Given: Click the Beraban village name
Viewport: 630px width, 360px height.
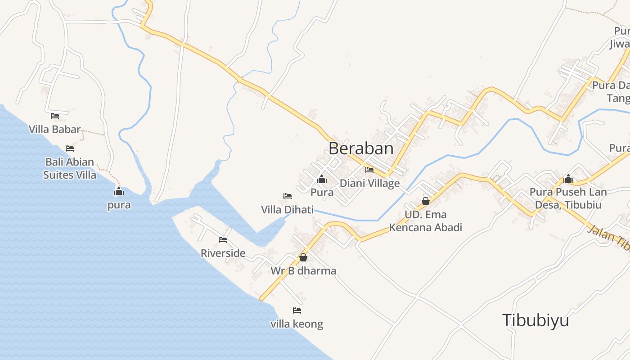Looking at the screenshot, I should pos(361,148).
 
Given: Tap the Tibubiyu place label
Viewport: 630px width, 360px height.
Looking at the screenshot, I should pos(535,320).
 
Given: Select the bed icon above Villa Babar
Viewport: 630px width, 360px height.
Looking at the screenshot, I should pos(55,116).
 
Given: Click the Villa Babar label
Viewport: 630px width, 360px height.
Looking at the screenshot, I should pos(55,130).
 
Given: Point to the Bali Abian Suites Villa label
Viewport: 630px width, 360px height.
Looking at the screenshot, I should pos(70,168).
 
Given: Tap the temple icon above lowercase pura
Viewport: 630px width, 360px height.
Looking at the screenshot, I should pos(119,192).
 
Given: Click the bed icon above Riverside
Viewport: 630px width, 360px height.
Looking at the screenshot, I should pos(223,240).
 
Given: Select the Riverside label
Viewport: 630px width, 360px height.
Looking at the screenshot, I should pos(223,253).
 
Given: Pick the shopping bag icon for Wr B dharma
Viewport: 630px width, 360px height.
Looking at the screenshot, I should pos(303,258).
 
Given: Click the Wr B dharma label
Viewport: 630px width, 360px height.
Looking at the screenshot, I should pos(303,271).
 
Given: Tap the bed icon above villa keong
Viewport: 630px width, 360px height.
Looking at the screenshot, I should pos(297,310).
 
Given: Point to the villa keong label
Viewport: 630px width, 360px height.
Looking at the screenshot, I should pos(297,324).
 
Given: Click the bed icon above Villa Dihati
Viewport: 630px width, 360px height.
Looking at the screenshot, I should pos(288,196).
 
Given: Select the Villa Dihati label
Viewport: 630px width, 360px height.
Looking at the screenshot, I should pos(288,210).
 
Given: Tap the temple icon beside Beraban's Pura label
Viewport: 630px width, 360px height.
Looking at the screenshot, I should pos(322,180).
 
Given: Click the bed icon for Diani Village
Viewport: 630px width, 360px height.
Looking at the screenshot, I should pos(369,170).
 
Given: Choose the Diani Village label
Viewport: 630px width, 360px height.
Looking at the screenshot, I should pos(369,183).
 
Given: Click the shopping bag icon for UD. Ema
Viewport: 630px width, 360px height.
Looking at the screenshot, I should pos(426,201).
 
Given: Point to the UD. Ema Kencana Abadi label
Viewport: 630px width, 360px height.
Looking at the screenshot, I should pos(426,221).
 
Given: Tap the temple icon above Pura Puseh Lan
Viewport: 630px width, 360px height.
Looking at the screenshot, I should pos(568,179).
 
